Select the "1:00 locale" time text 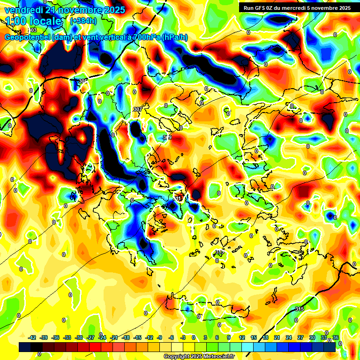(x=33, y=22)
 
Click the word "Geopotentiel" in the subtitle (x=28, y=37)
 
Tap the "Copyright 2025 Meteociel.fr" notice (x=199, y=357)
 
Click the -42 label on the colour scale (x=32, y=337)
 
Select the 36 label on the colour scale (x=335, y=337)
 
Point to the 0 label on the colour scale (x=194, y=337)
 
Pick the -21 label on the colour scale (x=114, y=337)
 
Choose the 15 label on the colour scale (x=254, y=337)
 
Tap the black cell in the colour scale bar (x=25, y=347)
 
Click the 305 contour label (x=83, y=81)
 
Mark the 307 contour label (x=137, y=109)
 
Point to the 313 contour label (x=219, y=252)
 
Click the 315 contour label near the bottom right (x=300, y=308)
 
